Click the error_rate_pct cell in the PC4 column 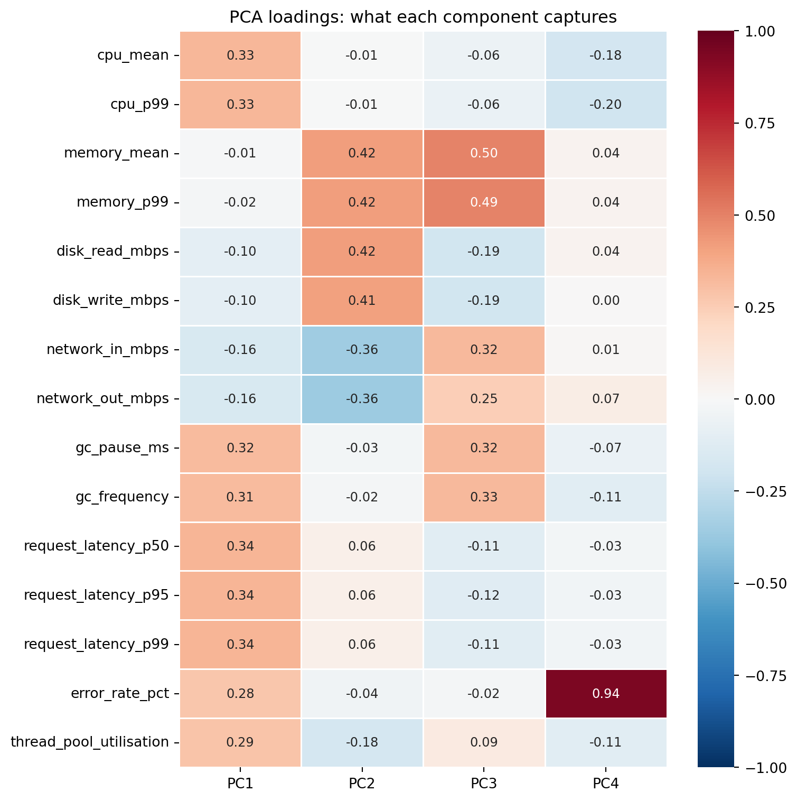point(605,693)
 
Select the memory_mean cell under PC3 point(484,153)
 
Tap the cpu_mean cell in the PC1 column point(240,55)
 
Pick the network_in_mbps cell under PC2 point(362,350)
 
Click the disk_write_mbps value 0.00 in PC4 point(605,301)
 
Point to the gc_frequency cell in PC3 point(484,497)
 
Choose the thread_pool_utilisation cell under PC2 point(362,742)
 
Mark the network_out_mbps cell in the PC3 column point(484,399)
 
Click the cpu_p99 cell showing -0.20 point(605,105)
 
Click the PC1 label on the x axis point(240,784)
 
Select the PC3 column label point(484,784)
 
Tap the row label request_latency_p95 point(96,595)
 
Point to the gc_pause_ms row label point(122,448)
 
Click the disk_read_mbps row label point(112,252)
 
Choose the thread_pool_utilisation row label point(90,742)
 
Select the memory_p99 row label point(123,202)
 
